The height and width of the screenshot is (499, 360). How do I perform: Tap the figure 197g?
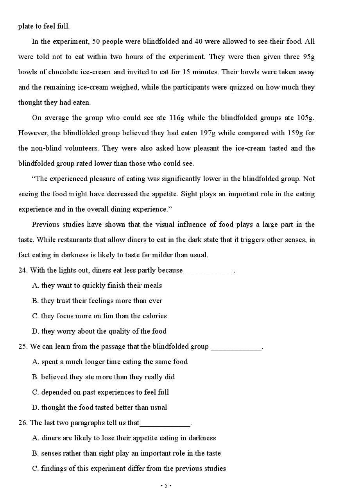click(208, 133)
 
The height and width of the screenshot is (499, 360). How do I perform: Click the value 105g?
click(306, 118)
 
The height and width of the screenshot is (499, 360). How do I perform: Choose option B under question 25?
click(103, 377)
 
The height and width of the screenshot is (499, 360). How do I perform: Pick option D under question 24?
click(99, 331)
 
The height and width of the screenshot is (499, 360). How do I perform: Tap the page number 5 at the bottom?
click(166, 486)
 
